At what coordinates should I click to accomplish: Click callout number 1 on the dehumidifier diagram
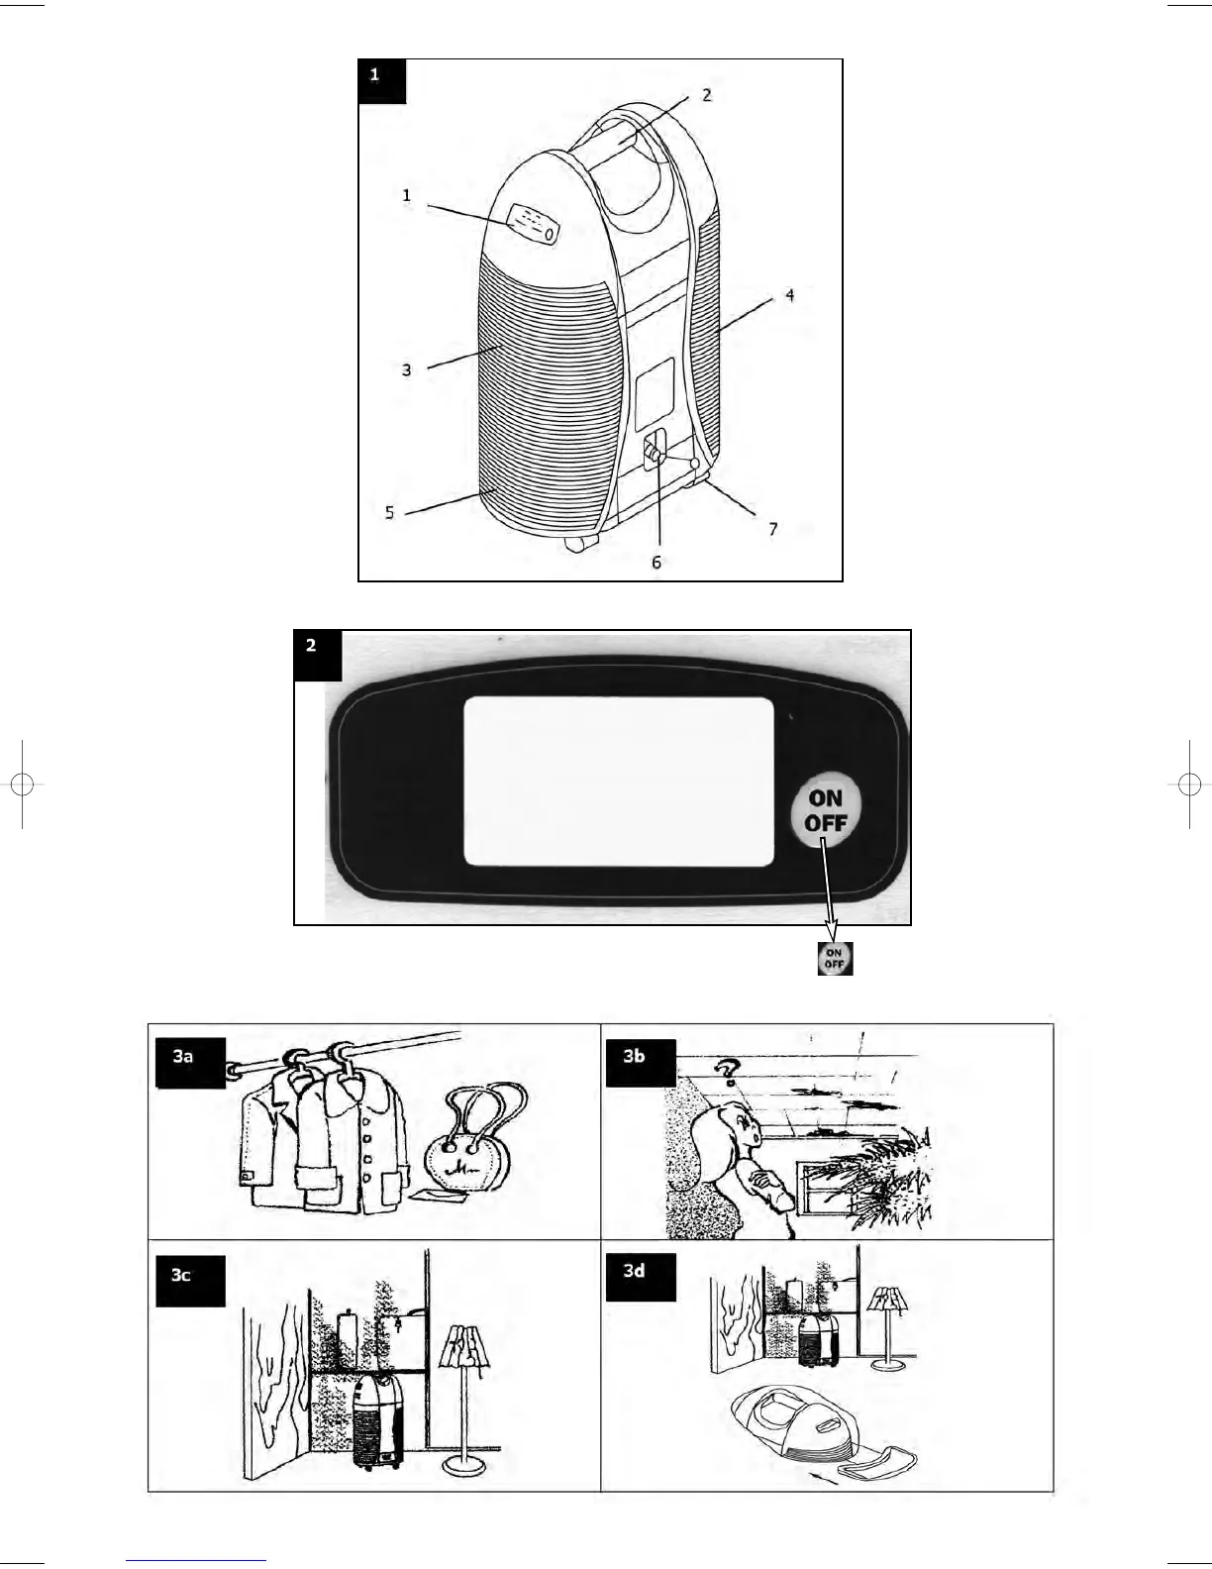coord(406,196)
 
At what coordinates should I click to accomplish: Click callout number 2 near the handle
coord(706,95)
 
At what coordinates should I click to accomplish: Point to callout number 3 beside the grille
coord(406,369)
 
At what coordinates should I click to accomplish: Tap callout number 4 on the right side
coord(789,294)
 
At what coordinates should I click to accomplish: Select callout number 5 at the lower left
coord(390,512)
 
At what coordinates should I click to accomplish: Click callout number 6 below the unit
coord(656,562)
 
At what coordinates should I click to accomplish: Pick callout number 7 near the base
coord(773,529)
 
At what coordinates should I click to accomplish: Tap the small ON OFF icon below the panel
coord(835,959)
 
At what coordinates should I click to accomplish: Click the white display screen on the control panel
coord(619,781)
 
